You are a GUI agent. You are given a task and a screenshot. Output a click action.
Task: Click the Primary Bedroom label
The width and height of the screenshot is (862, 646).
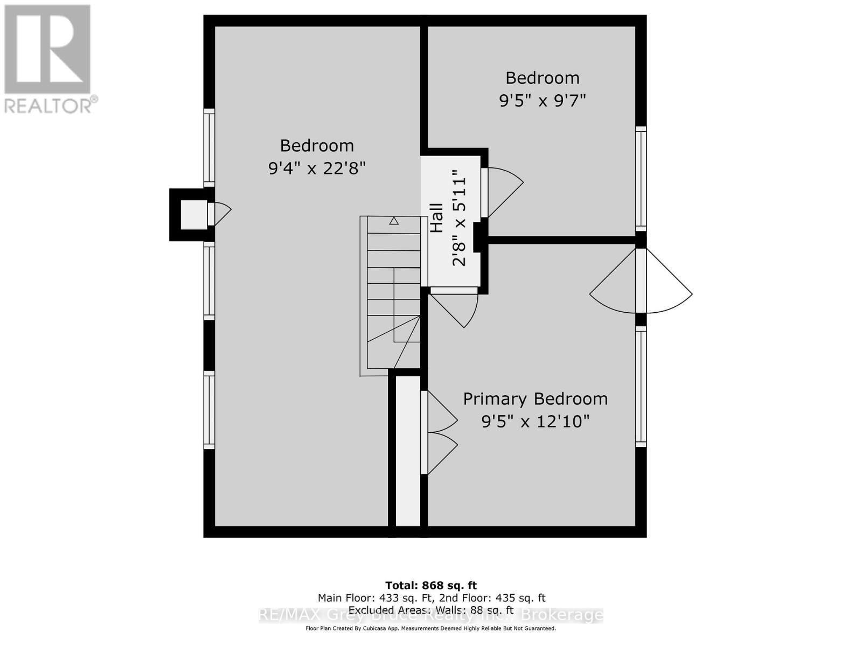535,399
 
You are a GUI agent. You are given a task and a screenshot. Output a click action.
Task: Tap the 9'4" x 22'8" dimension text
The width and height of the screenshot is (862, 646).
317,168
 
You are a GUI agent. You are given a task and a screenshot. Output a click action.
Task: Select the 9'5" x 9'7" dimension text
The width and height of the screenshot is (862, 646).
542,101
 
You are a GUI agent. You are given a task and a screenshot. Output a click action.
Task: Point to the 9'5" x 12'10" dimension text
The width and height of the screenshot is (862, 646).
535,421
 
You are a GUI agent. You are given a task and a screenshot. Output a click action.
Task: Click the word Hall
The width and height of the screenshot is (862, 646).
436,218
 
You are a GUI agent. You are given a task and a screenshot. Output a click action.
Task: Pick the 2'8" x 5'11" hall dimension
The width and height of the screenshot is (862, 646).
458,218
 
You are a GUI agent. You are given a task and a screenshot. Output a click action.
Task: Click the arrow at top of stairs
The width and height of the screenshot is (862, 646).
394,221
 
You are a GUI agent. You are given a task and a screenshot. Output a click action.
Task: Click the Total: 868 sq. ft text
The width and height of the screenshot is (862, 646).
430,585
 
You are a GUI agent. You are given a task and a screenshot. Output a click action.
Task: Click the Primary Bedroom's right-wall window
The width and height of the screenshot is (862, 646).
641,387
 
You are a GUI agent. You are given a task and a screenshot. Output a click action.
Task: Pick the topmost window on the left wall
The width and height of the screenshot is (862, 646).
208,148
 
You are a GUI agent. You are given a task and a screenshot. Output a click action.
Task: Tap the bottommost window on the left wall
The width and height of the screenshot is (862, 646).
208,410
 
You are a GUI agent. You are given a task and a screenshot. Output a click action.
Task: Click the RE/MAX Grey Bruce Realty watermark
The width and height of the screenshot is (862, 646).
430,615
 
